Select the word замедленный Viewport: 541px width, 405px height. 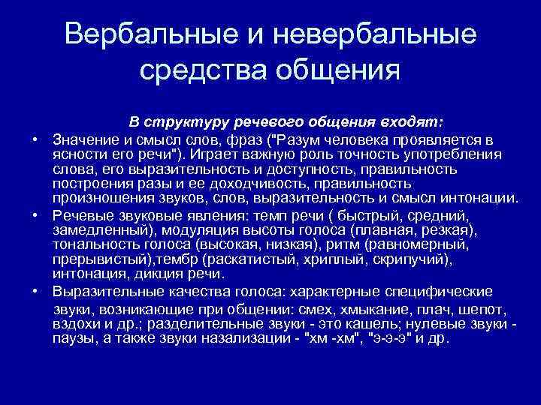point(95,229)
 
